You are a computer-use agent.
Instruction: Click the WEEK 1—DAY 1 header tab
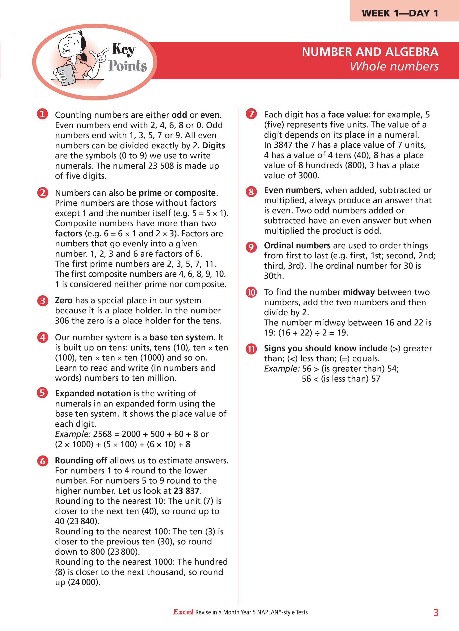point(400,13)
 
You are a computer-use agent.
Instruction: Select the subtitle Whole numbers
point(394,66)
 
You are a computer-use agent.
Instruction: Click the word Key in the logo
point(124,50)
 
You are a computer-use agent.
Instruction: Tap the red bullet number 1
point(42,114)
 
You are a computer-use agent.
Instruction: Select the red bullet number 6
point(42,461)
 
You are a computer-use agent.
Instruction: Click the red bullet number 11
point(251,349)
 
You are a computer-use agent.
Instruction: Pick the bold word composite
point(195,193)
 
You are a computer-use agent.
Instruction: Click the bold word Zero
point(64,300)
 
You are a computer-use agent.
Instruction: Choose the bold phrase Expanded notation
point(93,393)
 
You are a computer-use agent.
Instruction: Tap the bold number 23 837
point(187,491)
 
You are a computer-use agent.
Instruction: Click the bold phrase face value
point(348,114)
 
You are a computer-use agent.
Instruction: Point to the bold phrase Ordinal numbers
point(297,245)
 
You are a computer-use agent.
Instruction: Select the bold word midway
point(359,292)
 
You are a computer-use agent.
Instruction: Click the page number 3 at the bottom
point(436,613)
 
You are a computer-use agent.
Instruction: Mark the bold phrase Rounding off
point(81,461)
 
